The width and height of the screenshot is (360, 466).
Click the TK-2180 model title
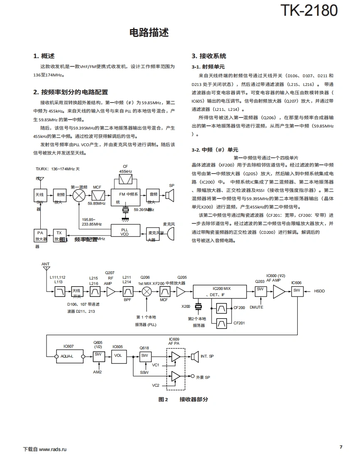tap(309, 10)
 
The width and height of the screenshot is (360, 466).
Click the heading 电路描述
tap(149, 33)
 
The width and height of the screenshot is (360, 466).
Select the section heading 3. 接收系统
tap(209, 56)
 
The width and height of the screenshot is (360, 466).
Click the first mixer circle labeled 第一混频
tap(79, 196)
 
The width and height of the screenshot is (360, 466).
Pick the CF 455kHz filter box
tap(126, 179)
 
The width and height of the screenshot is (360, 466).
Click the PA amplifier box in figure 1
tap(40, 235)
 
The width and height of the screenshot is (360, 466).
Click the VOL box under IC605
tap(118, 356)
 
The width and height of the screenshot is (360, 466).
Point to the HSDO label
tap(319, 291)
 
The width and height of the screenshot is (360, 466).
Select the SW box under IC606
tap(296, 291)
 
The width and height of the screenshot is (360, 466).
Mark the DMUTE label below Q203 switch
tap(256, 307)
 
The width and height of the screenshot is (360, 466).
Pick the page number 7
tap(341, 447)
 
